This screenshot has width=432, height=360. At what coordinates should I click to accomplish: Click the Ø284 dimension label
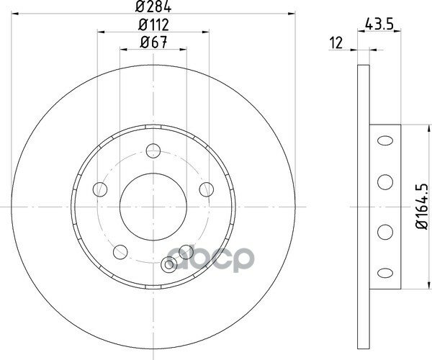click(x=153, y=6)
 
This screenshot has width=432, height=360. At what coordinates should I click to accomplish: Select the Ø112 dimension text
click(x=153, y=24)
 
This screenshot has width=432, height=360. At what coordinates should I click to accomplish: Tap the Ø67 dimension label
click(x=154, y=42)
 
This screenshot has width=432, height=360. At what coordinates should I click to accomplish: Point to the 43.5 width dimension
click(x=378, y=24)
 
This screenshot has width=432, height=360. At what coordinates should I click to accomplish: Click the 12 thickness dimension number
click(x=336, y=42)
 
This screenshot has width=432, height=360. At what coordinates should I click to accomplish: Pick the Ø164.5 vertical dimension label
click(x=423, y=206)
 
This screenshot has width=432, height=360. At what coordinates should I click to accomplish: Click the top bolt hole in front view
click(x=153, y=150)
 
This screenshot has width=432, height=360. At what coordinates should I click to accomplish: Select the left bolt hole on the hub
click(x=100, y=189)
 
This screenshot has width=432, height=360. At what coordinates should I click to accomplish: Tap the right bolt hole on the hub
click(x=207, y=189)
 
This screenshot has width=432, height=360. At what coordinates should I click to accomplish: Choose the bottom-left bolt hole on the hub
click(x=120, y=252)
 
